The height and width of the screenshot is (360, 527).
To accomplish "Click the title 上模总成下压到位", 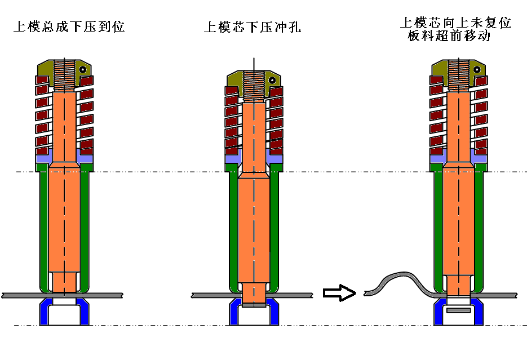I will [x=69, y=27].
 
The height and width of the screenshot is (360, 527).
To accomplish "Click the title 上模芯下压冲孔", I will [x=252, y=27].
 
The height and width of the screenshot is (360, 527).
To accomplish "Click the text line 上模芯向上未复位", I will [x=455, y=23].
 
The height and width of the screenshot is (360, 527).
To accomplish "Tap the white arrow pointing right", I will [x=339, y=293].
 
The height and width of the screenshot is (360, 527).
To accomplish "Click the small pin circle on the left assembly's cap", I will [x=83, y=70].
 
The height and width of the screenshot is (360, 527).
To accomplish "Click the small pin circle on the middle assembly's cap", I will [x=272, y=80].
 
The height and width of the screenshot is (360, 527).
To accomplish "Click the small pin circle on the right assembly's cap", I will [x=477, y=70].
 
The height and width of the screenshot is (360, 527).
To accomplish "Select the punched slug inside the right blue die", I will [x=458, y=310].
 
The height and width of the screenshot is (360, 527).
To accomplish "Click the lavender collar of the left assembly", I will [x=43, y=159].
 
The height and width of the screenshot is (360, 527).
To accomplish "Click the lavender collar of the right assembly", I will [x=437, y=159].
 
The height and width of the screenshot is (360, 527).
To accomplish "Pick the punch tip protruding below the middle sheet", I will [x=253, y=299].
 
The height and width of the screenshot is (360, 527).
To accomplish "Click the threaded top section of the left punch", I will [x=65, y=75].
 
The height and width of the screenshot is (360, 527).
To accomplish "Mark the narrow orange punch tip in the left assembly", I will [x=64, y=282].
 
